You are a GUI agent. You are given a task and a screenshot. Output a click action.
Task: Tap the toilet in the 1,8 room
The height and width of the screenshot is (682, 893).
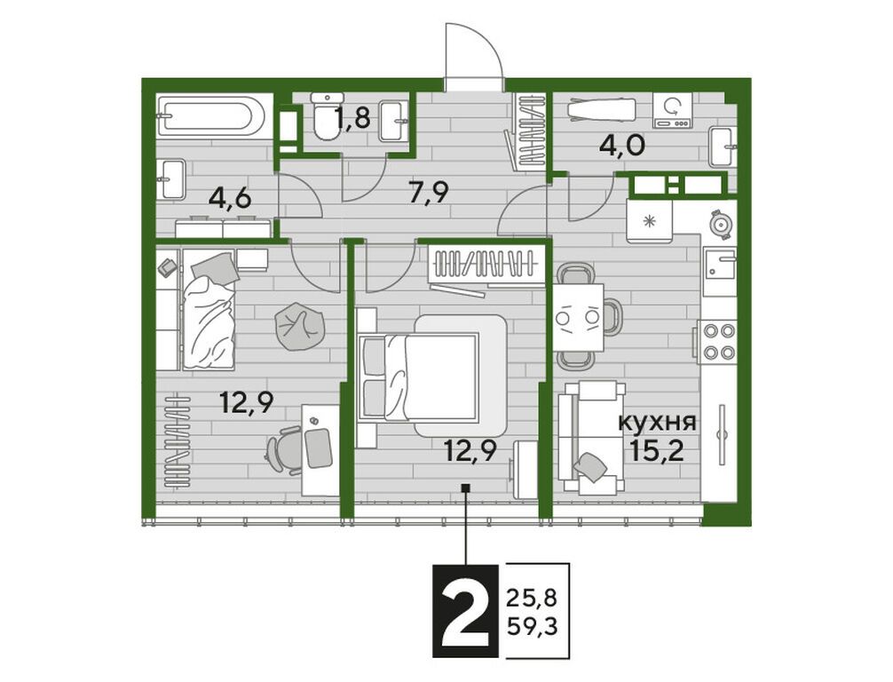coord(326,116)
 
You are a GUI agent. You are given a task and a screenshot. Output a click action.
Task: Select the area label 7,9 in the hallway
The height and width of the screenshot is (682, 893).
coord(429,193)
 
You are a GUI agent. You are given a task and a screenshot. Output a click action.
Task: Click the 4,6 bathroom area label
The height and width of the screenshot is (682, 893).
coord(230,199)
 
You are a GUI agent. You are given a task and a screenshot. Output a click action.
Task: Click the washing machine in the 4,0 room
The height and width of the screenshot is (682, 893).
coord(673,112)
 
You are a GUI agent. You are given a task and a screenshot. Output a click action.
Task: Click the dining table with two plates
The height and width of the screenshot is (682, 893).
coord(579,317)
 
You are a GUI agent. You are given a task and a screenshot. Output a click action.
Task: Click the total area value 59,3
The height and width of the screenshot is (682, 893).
coord(531,629)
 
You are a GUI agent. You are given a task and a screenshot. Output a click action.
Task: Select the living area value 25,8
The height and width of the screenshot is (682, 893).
coord(531,599)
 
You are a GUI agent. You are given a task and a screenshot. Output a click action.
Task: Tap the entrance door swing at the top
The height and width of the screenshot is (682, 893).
coord(474,57)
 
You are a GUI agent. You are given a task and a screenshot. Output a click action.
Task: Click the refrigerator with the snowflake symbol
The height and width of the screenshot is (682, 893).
coord(650,220)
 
